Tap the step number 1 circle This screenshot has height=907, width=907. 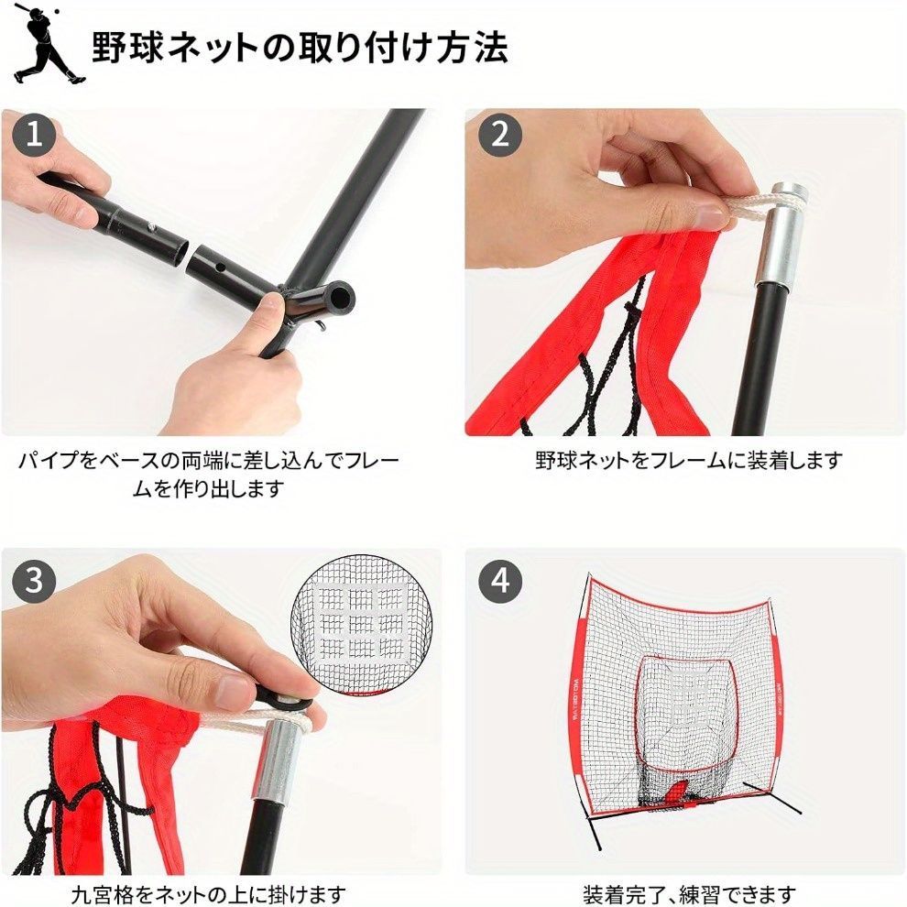(34, 135)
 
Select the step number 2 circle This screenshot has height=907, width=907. (500, 135)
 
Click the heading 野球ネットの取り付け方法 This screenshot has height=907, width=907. (301, 48)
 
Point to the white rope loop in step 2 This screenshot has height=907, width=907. (758, 205)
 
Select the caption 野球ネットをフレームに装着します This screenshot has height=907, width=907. (689, 461)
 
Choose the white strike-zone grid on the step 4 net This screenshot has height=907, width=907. (687, 692)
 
